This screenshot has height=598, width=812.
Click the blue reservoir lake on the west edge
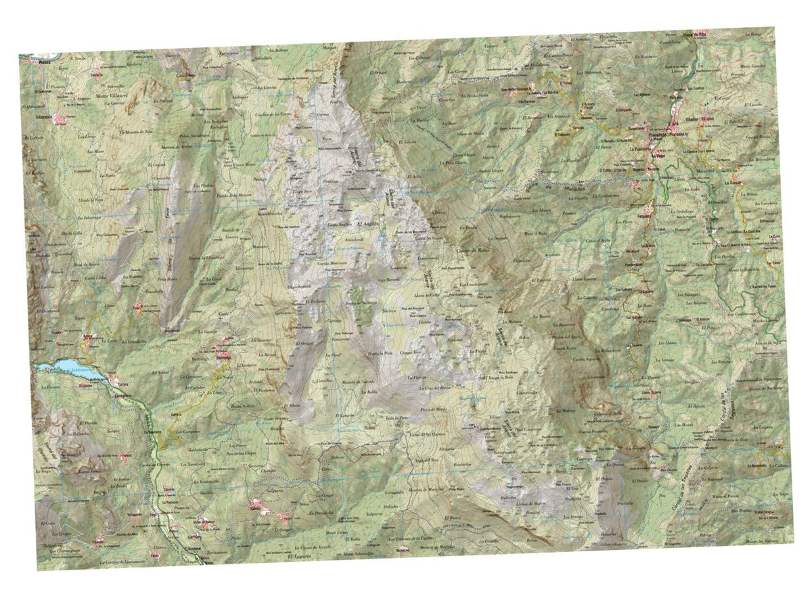68,367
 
